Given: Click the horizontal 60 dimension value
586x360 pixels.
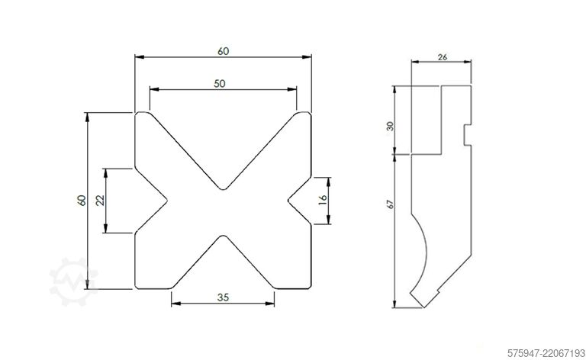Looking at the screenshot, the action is tap(223, 51).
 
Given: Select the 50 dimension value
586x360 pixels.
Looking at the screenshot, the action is tap(220, 83).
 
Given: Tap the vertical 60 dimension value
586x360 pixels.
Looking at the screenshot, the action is tap(82, 200).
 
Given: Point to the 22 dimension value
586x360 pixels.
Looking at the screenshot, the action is tap(100, 201).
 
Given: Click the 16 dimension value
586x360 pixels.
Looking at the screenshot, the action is tap(323, 200).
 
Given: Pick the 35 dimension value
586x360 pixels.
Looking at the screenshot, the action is tap(223, 297).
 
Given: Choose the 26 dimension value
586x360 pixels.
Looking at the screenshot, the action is tap(442, 57).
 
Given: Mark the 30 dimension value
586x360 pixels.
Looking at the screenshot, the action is tap(390, 126).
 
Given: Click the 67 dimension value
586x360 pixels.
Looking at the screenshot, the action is tap(391, 204).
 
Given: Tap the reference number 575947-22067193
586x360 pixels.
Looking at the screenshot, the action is tap(546, 352).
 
